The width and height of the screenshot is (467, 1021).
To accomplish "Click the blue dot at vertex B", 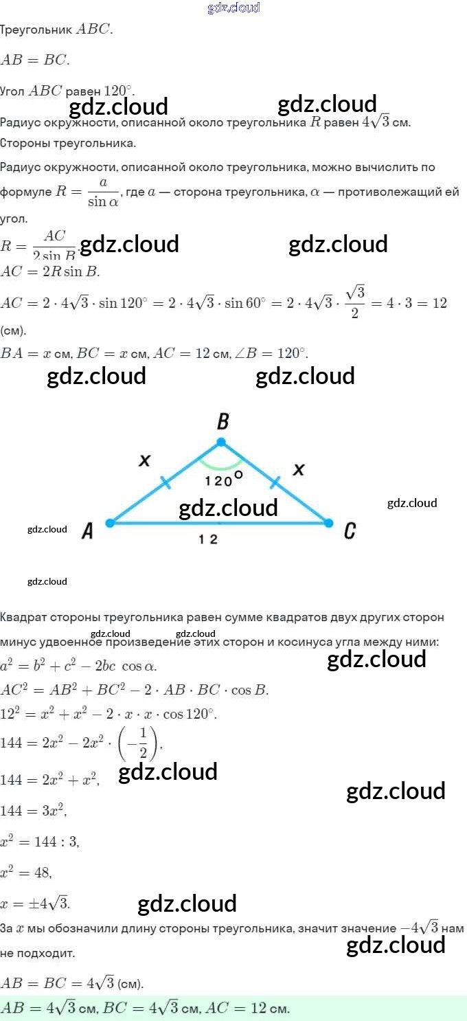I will click(221, 442).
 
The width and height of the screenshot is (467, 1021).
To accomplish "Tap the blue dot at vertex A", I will click(109, 523).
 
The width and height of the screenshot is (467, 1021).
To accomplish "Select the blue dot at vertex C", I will click(329, 523).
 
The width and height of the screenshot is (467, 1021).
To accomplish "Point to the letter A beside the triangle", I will click(87, 530).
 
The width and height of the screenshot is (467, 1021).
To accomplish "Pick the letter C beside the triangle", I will click(350, 530).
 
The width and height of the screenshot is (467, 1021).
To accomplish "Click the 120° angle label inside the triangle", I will click(224, 479).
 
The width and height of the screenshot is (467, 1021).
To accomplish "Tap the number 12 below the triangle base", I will click(208, 539).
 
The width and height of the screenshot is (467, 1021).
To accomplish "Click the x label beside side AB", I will click(144, 461).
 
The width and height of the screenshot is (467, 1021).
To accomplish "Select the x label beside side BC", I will click(298, 469).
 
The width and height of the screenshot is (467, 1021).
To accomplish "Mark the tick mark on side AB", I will click(167, 482).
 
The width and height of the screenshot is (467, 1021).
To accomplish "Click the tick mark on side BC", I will click(275, 482).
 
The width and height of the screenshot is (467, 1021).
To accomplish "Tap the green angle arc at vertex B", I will click(221, 465).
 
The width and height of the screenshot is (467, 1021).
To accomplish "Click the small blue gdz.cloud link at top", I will click(233, 8).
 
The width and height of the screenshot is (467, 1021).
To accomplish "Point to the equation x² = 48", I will click(26, 872).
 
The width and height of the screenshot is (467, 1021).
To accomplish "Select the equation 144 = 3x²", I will click(34, 810).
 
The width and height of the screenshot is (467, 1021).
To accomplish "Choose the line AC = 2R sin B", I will click(50, 271).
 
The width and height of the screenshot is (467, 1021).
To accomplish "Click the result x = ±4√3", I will click(35, 903).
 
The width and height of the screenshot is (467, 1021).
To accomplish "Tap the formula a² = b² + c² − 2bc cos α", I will click(78, 666).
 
